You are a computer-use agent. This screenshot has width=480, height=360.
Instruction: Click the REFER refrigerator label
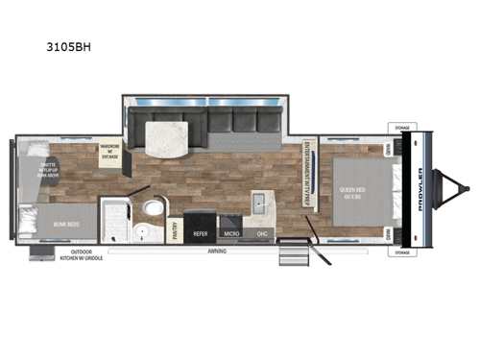tap(201, 231)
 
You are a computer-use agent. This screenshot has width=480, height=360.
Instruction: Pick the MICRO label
tap(231, 231)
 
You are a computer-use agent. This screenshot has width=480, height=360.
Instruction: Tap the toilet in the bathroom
tap(150, 208)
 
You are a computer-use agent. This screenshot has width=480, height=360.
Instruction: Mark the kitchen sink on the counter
tap(260, 203)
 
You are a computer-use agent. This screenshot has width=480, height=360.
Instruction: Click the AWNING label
tap(219, 252)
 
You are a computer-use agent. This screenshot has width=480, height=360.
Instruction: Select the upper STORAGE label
tap(401, 126)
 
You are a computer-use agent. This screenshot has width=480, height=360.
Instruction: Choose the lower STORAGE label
tap(401, 252)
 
